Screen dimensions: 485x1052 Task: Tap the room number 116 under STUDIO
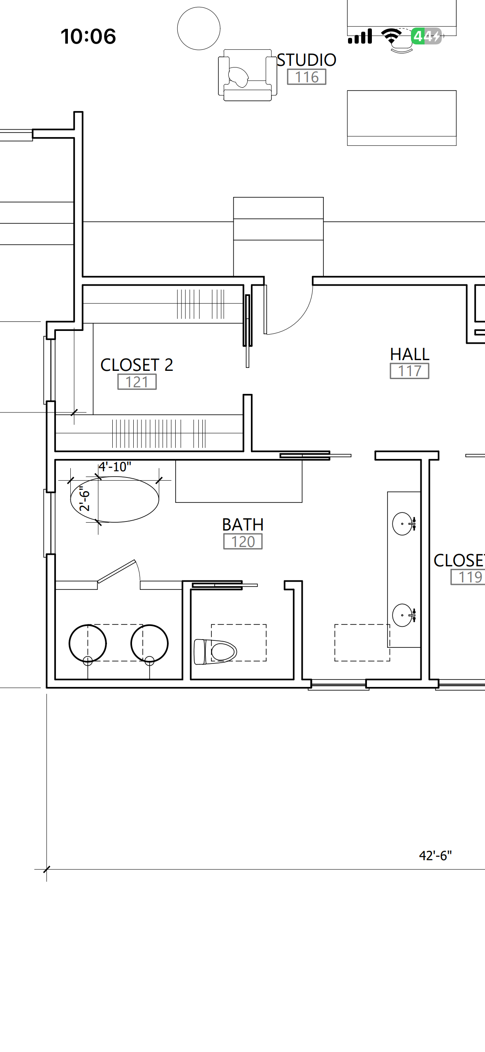[x=307, y=77]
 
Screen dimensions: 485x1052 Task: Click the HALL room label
[x=410, y=354]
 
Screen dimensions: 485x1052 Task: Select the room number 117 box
[x=410, y=371]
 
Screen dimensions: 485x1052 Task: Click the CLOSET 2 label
[x=137, y=365]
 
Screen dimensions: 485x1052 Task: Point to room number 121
[x=137, y=382]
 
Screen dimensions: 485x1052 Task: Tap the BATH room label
[x=243, y=525]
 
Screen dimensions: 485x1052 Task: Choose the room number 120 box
[x=243, y=542]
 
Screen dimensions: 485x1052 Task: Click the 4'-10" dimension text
[x=115, y=467]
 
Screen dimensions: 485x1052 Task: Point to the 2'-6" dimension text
[x=84, y=499]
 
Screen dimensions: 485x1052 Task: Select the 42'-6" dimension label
[x=435, y=856]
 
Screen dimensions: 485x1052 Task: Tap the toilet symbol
[x=215, y=652]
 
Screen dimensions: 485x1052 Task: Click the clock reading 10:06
[x=88, y=36]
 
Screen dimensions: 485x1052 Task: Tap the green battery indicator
[x=427, y=36]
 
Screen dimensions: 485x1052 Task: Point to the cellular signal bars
[x=360, y=36]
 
